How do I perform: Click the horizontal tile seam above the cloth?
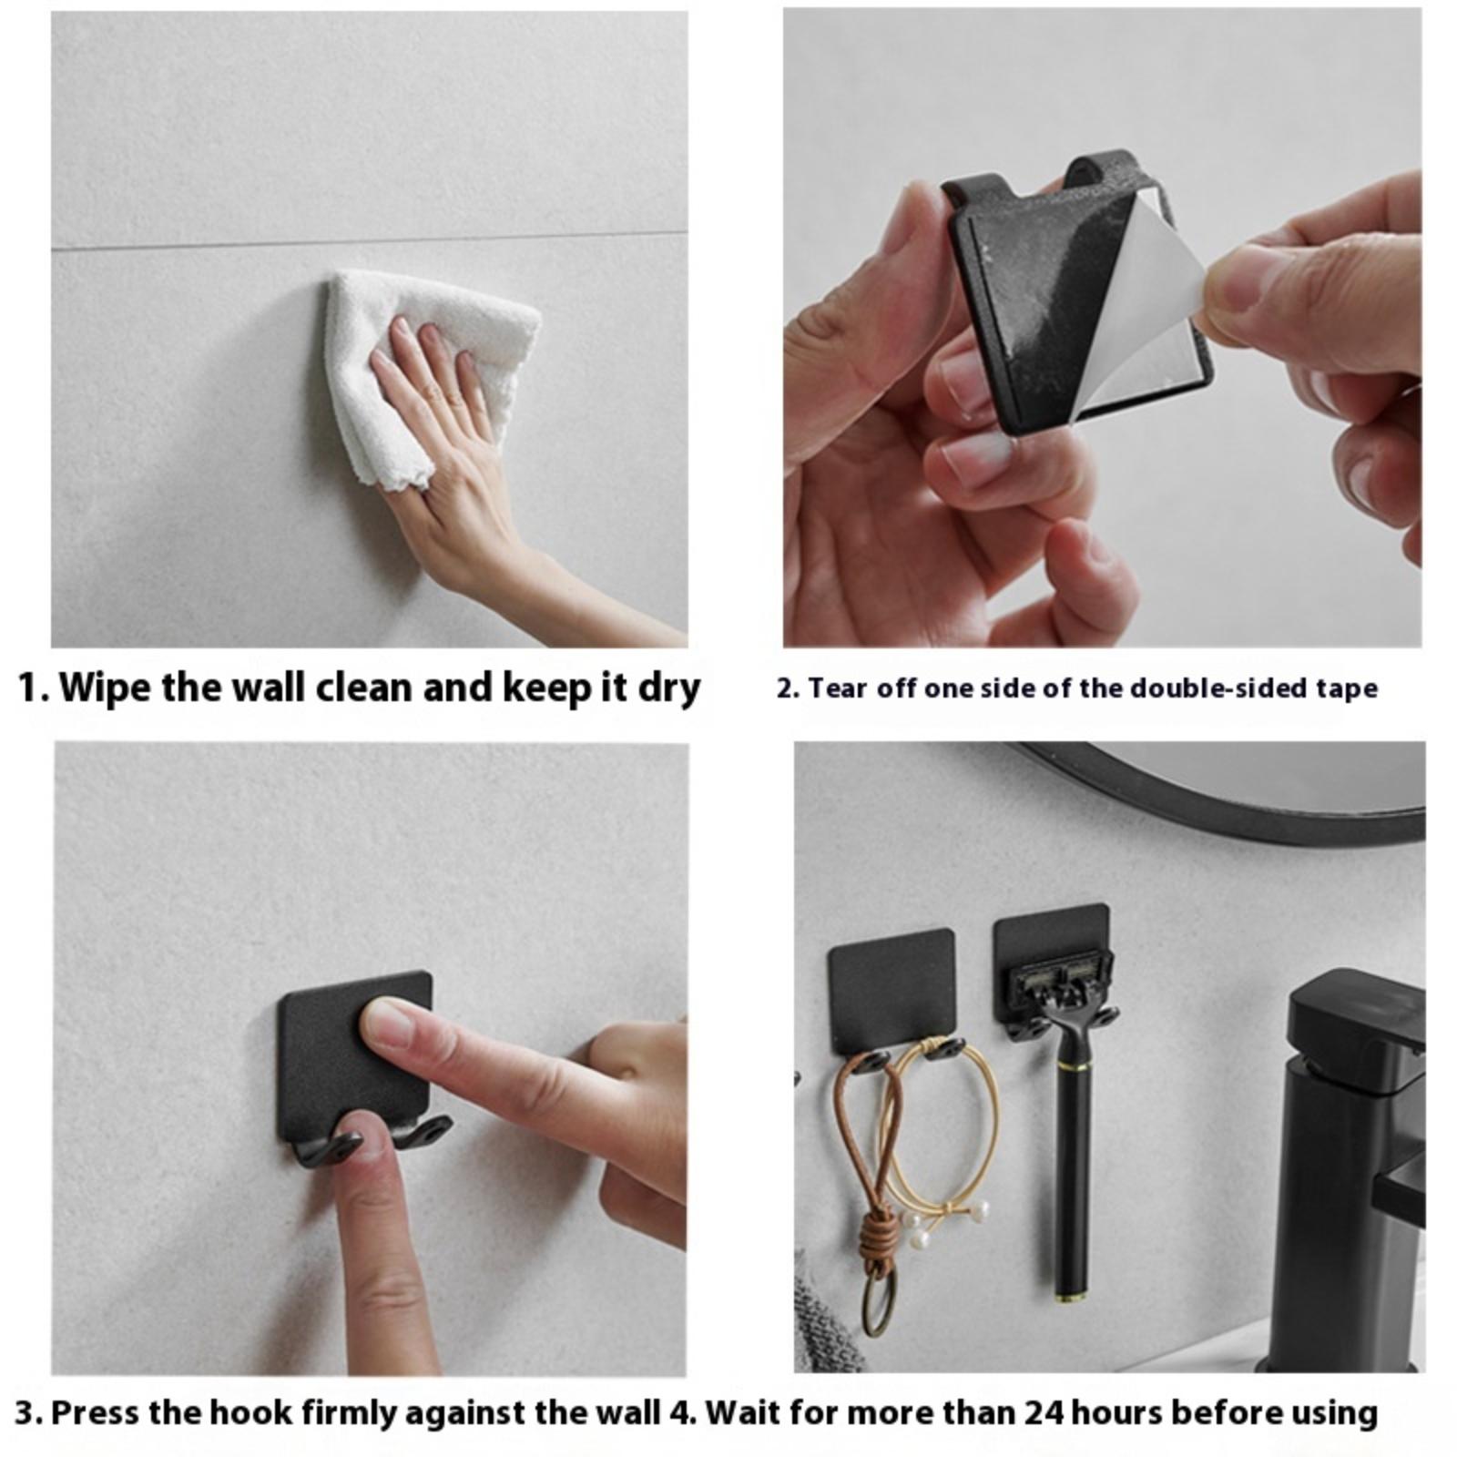369,239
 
